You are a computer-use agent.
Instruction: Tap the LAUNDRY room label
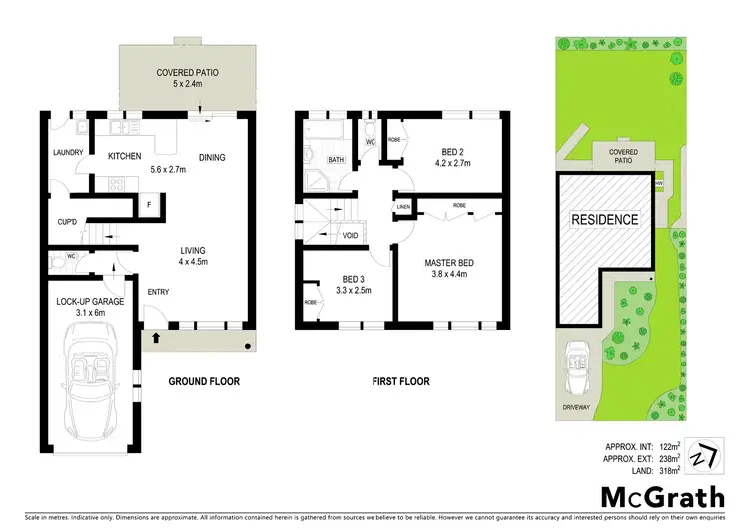[67, 153]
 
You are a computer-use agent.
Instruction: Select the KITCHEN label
[125, 155]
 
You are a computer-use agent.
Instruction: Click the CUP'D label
[68, 223]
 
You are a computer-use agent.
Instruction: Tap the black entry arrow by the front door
[156, 339]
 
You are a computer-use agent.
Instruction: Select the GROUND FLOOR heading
[203, 381]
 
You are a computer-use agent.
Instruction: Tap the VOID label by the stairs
[350, 236]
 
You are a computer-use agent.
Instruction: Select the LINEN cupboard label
[403, 207]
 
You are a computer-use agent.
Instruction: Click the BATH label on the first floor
[336, 159]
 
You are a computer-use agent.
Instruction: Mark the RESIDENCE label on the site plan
[604, 219]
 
